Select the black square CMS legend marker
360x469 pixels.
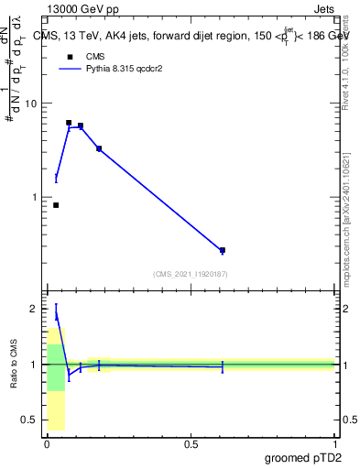69,55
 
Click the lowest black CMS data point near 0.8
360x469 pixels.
56,205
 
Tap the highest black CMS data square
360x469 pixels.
69,123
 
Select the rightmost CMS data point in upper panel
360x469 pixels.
223,250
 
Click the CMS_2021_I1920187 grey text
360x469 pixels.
191,274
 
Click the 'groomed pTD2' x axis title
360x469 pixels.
307,457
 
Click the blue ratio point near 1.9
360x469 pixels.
56,315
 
